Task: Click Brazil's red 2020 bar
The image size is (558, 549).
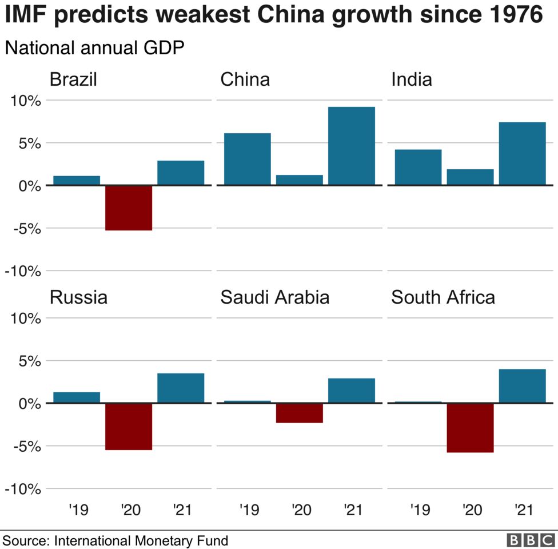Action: [x=129, y=208]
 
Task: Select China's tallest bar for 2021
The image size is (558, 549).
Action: [x=352, y=146]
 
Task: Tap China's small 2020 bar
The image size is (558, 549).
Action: [x=300, y=180]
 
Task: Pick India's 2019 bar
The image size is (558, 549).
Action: [x=418, y=167]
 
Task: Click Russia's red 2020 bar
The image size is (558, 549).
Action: [x=129, y=427]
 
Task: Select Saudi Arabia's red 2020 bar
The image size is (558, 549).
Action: [x=300, y=413]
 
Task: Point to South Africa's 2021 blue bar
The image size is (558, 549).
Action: [x=522, y=386]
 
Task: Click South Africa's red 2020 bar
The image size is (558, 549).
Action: [x=470, y=428]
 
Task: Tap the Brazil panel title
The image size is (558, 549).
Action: [x=73, y=79]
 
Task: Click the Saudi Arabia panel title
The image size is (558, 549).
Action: [x=274, y=297]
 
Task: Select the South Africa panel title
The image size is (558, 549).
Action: [x=443, y=297]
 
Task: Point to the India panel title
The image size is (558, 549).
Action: [x=412, y=79]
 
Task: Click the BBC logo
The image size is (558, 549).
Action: [x=531, y=540]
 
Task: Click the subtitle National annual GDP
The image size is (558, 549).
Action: [x=94, y=49]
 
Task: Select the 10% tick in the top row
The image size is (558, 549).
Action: [x=24, y=101]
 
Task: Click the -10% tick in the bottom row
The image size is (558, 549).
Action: [x=23, y=489]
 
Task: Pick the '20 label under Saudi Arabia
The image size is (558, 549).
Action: [x=301, y=509]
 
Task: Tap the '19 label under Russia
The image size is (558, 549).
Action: [x=78, y=509]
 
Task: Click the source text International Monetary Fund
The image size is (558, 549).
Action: [x=141, y=540]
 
